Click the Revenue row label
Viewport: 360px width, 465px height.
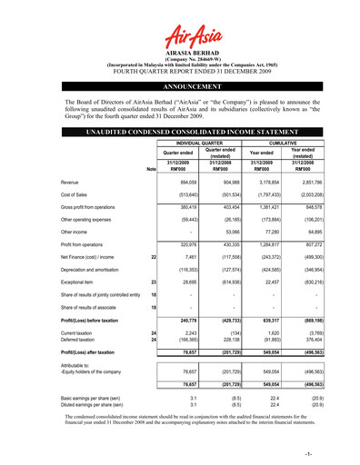coord(74,182)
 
